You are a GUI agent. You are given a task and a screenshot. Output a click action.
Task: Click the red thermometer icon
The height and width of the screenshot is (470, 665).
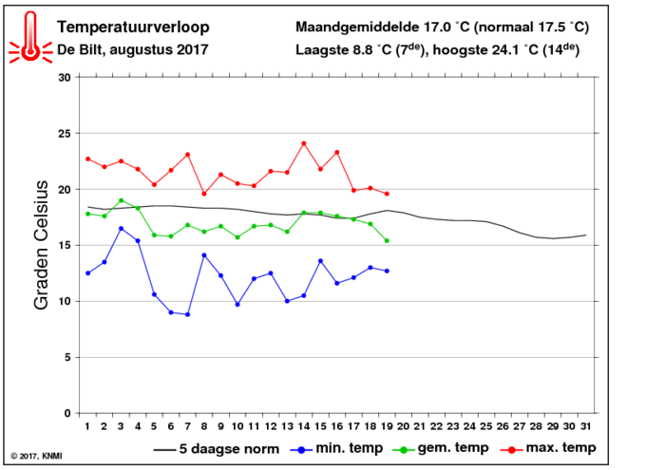[30, 37]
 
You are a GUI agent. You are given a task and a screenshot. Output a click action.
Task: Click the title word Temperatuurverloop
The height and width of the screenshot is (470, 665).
[133, 28]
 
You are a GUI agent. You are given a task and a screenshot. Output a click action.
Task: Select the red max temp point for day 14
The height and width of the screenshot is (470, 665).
[304, 143]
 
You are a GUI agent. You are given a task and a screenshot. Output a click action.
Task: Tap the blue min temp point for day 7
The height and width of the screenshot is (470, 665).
[187, 314]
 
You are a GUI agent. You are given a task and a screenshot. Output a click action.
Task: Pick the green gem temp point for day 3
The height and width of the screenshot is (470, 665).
[122, 200]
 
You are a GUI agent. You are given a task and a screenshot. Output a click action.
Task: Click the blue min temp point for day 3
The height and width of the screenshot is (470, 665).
[122, 229]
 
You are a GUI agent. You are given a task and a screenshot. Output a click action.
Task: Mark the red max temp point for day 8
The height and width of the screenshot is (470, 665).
[204, 194]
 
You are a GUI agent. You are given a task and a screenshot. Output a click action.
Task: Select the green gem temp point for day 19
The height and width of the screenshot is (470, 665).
[387, 241]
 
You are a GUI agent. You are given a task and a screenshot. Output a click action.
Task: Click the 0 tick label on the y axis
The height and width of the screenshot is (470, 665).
[67, 413]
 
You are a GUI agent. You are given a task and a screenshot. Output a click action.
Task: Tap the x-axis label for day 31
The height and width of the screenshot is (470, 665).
[586, 426]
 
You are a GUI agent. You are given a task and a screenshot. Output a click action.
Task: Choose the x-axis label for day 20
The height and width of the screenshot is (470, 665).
[403, 426]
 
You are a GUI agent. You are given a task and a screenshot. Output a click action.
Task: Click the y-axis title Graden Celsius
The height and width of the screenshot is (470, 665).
[41, 245]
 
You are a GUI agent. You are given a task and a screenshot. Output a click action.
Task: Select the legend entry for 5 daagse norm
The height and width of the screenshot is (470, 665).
[217, 449]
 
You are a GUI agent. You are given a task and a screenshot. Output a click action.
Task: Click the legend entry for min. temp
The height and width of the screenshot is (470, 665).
[336, 448]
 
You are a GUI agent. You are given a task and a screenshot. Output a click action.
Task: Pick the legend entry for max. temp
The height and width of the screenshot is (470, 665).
[548, 448]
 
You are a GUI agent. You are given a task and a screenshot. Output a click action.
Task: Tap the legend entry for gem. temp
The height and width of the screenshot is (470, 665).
[441, 448]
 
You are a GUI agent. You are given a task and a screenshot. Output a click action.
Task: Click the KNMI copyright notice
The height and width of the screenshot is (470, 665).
[36, 456]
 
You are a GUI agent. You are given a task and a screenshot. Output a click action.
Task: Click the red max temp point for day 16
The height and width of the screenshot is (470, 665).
[336, 153]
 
